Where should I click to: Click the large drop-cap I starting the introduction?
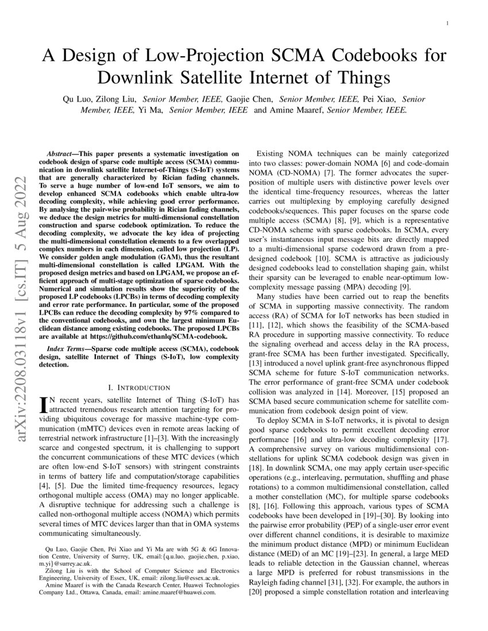42,407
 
